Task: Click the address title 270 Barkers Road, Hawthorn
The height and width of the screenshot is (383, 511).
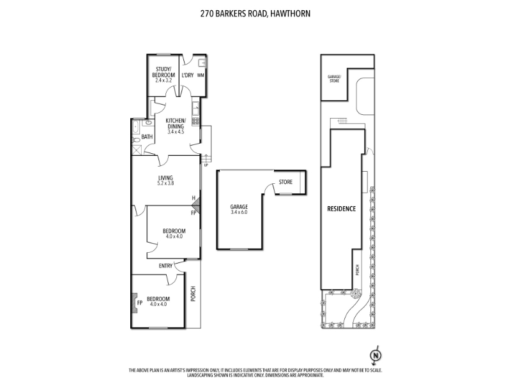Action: click(x=255, y=13)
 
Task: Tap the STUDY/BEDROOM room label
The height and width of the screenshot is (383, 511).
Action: click(x=164, y=72)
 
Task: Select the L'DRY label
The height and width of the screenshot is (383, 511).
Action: click(x=187, y=75)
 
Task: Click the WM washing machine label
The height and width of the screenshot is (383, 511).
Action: click(x=201, y=75)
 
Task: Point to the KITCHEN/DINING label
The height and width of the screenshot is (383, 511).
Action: click(x=176, y=123)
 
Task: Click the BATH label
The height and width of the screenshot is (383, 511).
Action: click(x=147, y=137)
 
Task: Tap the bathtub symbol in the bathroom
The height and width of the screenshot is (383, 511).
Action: click(x=136, y=127)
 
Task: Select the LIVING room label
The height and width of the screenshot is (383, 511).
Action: click(x=165, y=178)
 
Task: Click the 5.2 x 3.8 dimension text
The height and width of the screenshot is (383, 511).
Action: click(x=165, y=183)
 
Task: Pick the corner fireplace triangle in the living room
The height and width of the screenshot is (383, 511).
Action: click(x=197, y=206)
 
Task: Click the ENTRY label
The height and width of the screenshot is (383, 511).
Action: click(x=165, y=266)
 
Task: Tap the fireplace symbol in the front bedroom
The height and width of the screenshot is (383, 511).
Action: click(x=134, y=303)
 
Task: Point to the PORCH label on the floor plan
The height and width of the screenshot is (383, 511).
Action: click(x=193, y=294)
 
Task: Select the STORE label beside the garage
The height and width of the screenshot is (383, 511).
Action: click(x=286, y=182)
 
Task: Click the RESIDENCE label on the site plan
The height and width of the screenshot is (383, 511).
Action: click(x=342, y=209)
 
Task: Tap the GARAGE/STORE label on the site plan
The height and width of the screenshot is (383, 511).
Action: click(x=334, y=79)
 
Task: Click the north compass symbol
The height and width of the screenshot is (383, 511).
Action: click(x=376, y=355)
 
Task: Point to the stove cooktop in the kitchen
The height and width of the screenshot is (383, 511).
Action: click(x=195, y=121)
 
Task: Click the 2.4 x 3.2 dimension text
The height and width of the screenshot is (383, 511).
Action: click(x=164, y=80)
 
